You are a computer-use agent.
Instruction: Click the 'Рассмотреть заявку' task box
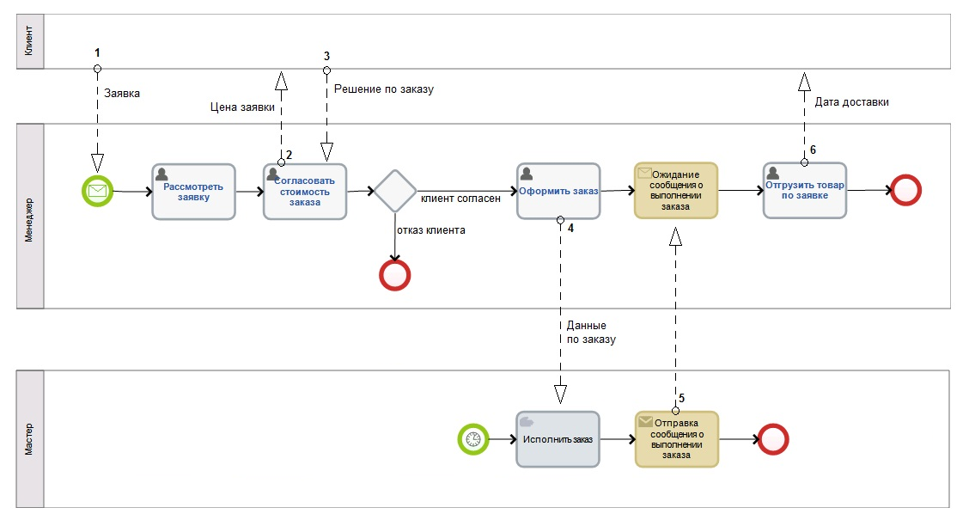pyautogui.click(x=193, y=192)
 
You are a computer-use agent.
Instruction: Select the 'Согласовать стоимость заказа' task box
pyautogui.click(x=304, y=192)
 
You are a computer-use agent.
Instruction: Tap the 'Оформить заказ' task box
pyautogui.click(x=558, y=191)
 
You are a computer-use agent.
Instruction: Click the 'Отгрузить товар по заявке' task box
pyautogui.click(x=804, y=190)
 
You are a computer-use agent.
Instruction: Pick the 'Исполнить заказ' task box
pyautogui.click(x=558, y=439)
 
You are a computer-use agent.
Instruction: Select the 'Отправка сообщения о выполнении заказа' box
pyautogui.click(x=676, y=439)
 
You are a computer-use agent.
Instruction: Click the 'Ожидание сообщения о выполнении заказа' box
pyautogui.click(x=676, y=190)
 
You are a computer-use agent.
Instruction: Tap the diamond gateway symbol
pyautogui.click(x=394, y=191)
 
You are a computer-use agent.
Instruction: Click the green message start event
pyautogui.click(x=97, y=191)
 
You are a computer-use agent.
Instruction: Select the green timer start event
pyautogui.click(x=472, y=439)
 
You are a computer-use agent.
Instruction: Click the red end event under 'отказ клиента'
pyautogui.click(x=394, y=275)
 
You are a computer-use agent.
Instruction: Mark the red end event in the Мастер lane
pyautogui.click(x=773, y=439)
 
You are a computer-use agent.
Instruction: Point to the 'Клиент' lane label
pyautogui.click(x=30, y=40)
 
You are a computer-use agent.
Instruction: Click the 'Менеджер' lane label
pyautogui.click(x=30, y=216)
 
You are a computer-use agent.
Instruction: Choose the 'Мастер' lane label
pyautogui.click(x=30, y=438)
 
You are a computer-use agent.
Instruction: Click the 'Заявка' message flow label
pyautogui.click(x=121, y=93)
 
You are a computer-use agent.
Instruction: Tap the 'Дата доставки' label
pyautogui.click(x=851, y=101)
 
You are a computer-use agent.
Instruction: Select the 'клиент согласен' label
pyautogui.click(x=460, y=199)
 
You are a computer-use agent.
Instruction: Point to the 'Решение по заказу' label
pyautogui.click(x=384, y=89)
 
